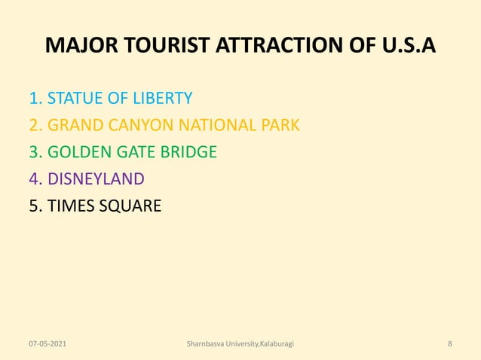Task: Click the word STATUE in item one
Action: (75, 98)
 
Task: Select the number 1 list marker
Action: (33, 98)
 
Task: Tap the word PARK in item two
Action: (280, 125)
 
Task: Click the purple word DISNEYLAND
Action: (96, 179)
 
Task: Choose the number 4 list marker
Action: (33, 179)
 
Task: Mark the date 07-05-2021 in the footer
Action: (47, 343)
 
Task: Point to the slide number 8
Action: (449, 343)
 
